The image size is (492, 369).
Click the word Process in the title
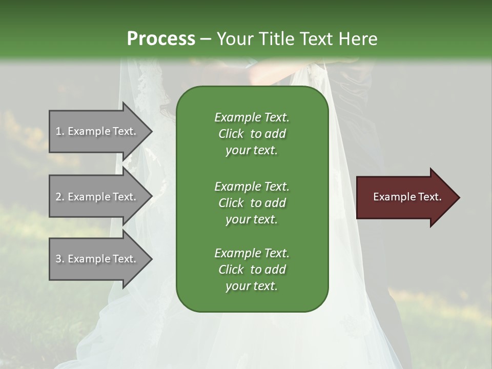tap(161, 39)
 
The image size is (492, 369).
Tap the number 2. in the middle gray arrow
tap(59, 197)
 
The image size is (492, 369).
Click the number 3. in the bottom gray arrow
tap(59, 259)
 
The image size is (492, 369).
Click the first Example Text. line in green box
tap(252, 117)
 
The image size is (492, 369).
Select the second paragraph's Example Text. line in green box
tap(252, 186)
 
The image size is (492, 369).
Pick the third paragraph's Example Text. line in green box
tap(252, 253)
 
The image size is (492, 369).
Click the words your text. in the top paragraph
tap(251, 151)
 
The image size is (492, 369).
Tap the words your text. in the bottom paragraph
tap(251, 286)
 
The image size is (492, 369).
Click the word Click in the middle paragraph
tap(231, 203)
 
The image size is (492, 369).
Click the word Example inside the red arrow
tap(392, 197)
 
